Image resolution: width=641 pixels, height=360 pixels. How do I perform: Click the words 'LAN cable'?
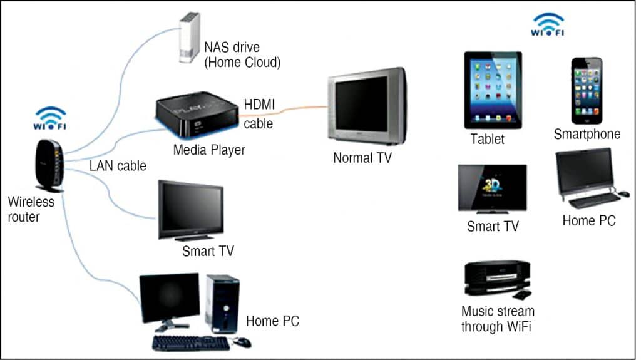click(118, 166)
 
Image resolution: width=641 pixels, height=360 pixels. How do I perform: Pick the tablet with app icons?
click(493, 90)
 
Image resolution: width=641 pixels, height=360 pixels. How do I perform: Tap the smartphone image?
click(587, 91)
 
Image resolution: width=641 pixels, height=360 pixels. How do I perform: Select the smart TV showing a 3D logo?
click(492, 188)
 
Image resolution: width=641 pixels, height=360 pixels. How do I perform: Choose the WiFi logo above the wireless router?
click(49, 118)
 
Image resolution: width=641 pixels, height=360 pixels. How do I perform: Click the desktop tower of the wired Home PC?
click(222, 303)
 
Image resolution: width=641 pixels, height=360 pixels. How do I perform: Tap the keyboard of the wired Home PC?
click(191, 342)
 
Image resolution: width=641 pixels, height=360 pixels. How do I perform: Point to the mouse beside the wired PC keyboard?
click(242, 342)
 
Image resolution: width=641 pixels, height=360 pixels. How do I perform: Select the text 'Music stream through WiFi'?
click(498, 319)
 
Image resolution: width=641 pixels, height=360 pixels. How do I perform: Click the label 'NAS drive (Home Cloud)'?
click(242, 55)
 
